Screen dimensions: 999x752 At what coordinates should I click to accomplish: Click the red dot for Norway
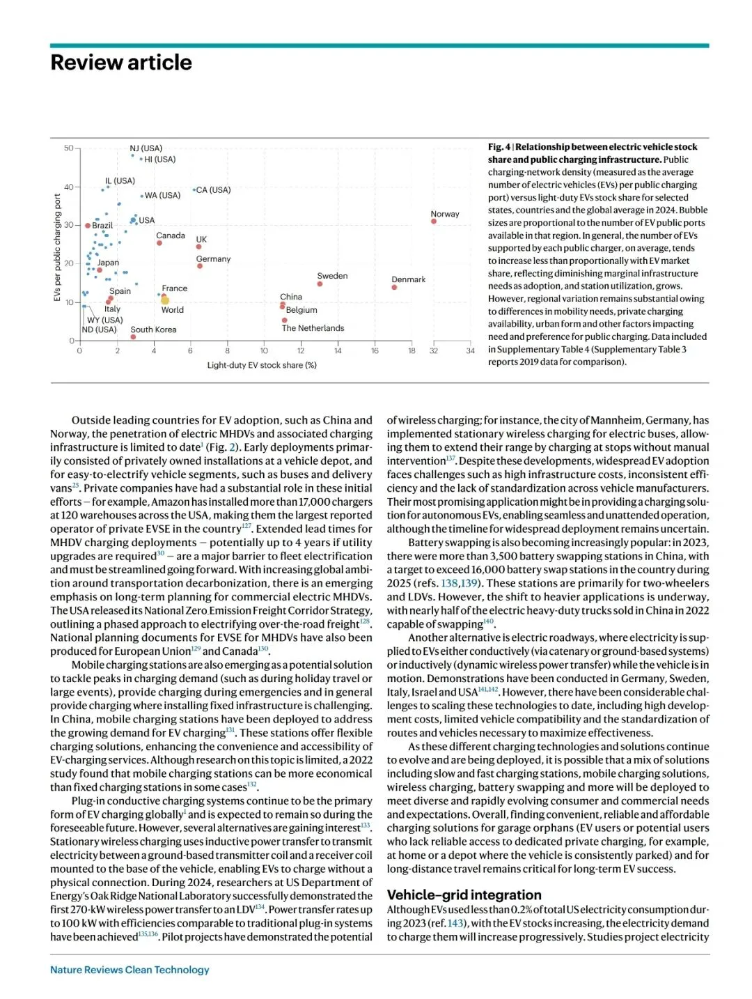[434, 222]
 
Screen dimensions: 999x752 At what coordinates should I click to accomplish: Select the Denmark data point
[394, 287]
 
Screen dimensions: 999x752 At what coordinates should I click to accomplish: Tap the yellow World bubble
[165, 301]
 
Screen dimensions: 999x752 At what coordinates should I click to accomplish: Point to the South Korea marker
[133, 337]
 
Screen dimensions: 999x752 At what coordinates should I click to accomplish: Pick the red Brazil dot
[88, 226]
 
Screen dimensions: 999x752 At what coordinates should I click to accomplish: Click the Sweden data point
[320, 284]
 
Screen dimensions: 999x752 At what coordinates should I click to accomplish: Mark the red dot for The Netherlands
[285, 320]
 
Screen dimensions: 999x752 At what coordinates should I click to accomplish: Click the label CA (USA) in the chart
[213, 189]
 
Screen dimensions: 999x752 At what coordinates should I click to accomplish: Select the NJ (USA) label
[146, 148]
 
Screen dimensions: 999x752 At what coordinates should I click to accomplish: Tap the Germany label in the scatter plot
[213, 259]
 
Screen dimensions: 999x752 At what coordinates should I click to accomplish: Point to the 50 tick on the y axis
[69, 148]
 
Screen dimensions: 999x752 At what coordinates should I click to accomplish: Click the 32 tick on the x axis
[434, 351]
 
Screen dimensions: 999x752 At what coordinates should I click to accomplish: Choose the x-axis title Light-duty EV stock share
[262, 365]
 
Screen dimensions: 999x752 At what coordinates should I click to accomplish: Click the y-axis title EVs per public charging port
[57, 247]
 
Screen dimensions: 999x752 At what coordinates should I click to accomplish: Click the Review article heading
[121, 63]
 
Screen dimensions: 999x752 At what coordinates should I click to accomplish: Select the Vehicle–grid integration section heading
[464, 895]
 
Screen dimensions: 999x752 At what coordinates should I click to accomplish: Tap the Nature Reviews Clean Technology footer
[130, 970]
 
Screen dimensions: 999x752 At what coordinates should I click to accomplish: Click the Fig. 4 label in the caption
[499, 147]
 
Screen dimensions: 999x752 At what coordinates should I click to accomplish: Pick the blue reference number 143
[455, 924]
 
